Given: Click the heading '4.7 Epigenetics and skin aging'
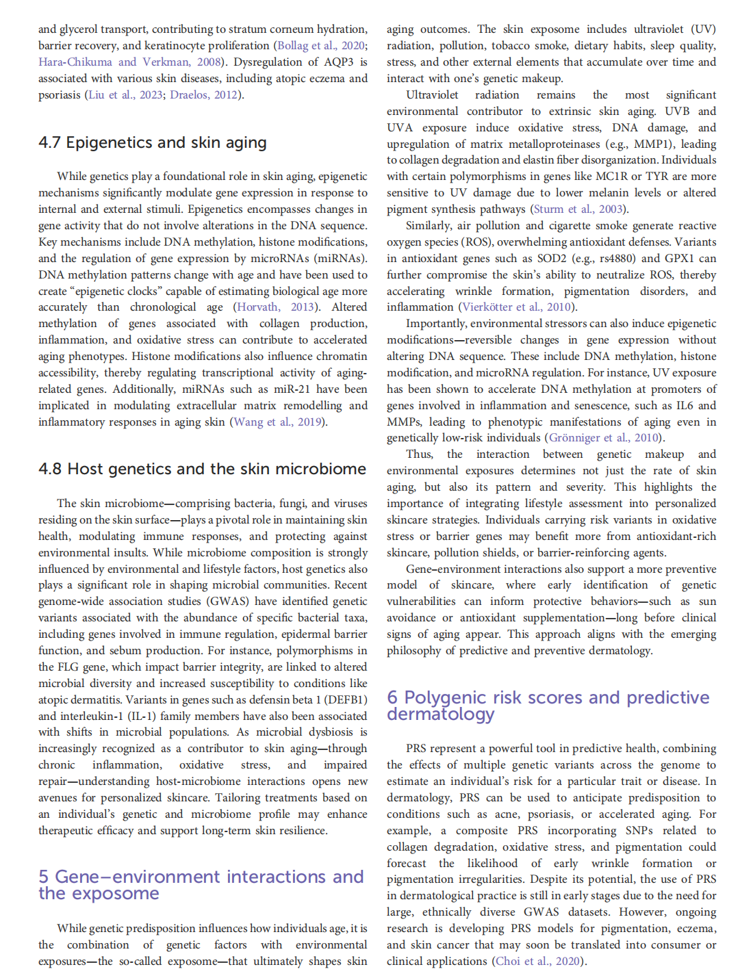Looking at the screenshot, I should coord(152,142).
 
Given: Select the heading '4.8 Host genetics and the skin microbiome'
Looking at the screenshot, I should coord(202,469).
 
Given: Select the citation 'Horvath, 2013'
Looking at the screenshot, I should coord(275,307).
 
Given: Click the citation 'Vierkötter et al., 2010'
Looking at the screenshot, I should coord(518,307).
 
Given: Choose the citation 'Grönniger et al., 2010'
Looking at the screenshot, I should coord(604,437).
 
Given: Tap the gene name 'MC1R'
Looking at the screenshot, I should coord(611,177).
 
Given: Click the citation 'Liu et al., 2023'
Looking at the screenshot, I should coord(125,94).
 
